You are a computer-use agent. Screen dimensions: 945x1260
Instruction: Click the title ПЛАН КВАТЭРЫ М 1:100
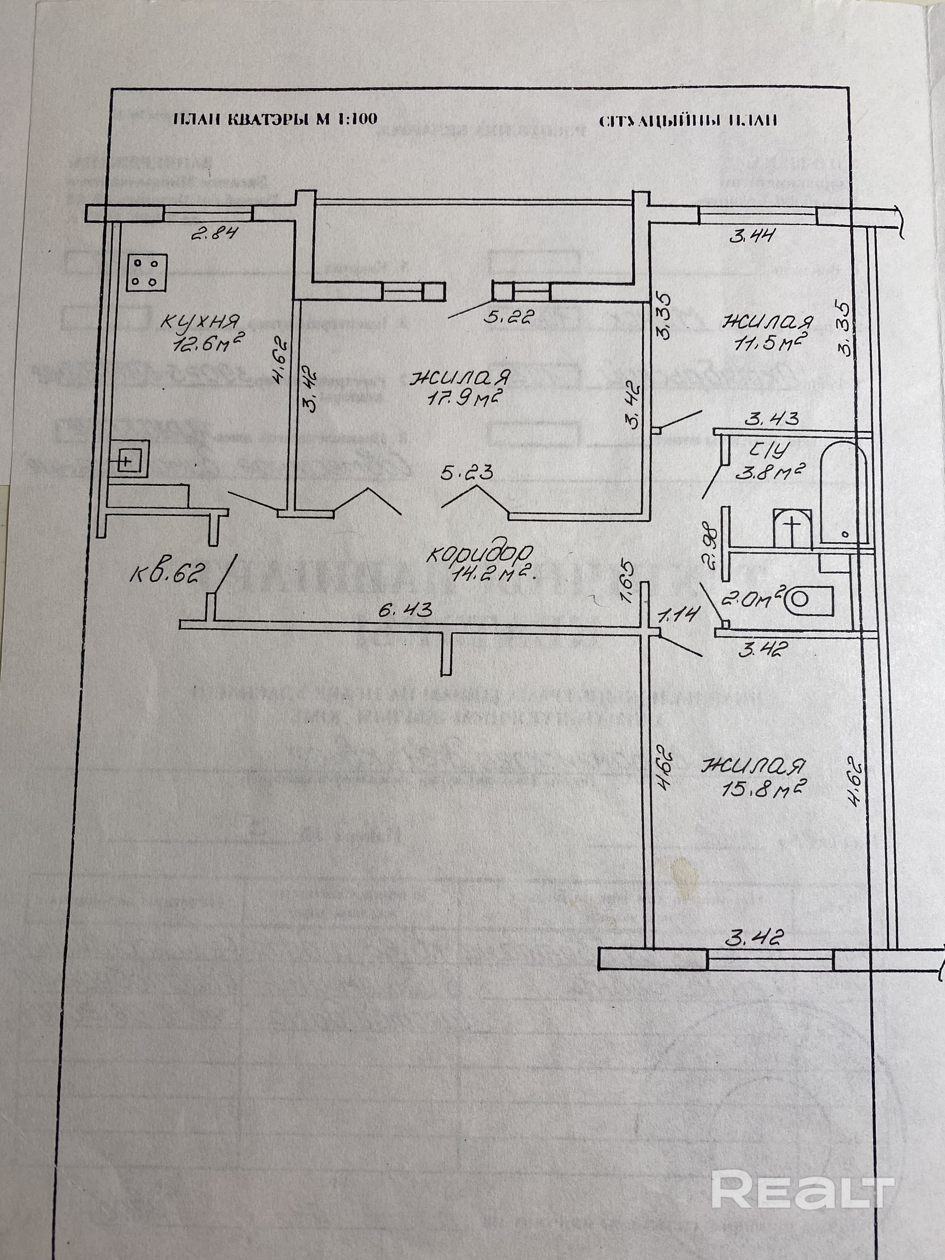coord(275,119)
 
